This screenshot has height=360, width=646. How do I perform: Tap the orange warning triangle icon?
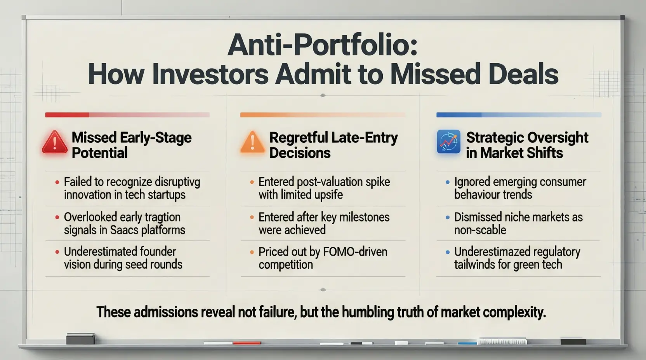[x=252, y=142]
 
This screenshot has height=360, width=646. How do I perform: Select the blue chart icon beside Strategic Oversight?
[x=448, y=142]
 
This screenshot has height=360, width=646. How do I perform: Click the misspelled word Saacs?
[x=124, y=230]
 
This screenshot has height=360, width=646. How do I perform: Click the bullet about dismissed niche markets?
[x=518, y=223]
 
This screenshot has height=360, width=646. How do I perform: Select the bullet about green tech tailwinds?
[x=516, y=258]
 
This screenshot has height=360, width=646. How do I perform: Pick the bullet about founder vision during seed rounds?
[x=123, y=258]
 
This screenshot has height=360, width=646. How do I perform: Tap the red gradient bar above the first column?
[x=127, y=115]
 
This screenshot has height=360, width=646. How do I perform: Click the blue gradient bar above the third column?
[x=519, y=115]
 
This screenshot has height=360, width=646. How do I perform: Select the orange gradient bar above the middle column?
[x=323, y=115]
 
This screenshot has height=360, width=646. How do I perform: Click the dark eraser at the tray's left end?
[x=80, y=339]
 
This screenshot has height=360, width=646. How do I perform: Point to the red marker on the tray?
[x=247, y=343]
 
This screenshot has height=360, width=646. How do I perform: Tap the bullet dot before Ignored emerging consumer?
[x=448, y=182]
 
